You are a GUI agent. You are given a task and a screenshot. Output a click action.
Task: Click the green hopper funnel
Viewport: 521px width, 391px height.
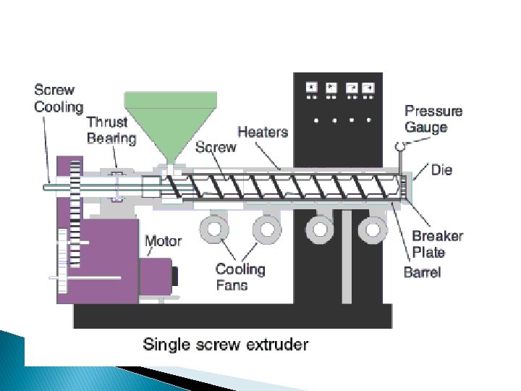pos(171,119)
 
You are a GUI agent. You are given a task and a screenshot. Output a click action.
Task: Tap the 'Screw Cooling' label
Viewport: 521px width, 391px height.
pos(59,98)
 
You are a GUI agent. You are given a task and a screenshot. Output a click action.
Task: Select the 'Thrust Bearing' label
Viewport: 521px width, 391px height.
pos(111,130)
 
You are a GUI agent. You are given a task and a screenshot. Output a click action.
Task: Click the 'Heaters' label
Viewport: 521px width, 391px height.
pos(263,132)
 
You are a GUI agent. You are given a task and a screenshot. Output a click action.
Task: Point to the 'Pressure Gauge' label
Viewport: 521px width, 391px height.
pos(433,119)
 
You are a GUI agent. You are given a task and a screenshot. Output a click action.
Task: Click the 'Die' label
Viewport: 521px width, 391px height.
pos(441,170)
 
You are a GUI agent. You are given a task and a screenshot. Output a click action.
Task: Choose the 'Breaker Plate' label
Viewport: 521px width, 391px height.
pos(437,244)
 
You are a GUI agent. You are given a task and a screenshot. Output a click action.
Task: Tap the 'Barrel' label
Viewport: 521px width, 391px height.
pos(422,272)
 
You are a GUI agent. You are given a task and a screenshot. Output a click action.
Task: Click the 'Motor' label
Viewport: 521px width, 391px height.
pos(163,240)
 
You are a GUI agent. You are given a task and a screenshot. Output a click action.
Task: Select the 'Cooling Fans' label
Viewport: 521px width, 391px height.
pos(240,277)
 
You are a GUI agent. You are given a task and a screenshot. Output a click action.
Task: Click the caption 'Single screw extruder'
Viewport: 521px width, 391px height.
pos(225,343)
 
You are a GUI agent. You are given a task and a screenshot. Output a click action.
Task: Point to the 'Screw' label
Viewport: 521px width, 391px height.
pos(216,147)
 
